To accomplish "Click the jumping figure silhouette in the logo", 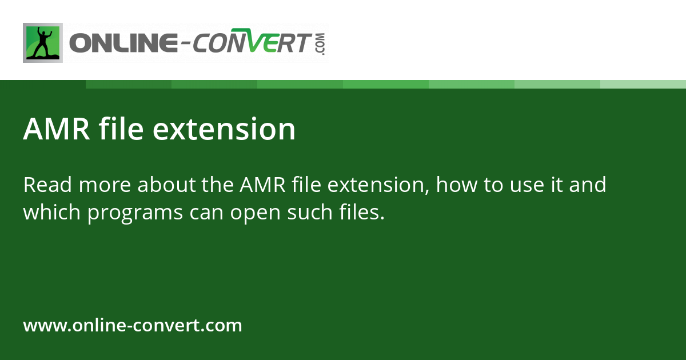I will point(42,43).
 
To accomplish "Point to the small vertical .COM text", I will point(320,43).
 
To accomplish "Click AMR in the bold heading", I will point(56,129).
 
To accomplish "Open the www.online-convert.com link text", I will point(133,326).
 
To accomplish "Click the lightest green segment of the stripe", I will point(643,84).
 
